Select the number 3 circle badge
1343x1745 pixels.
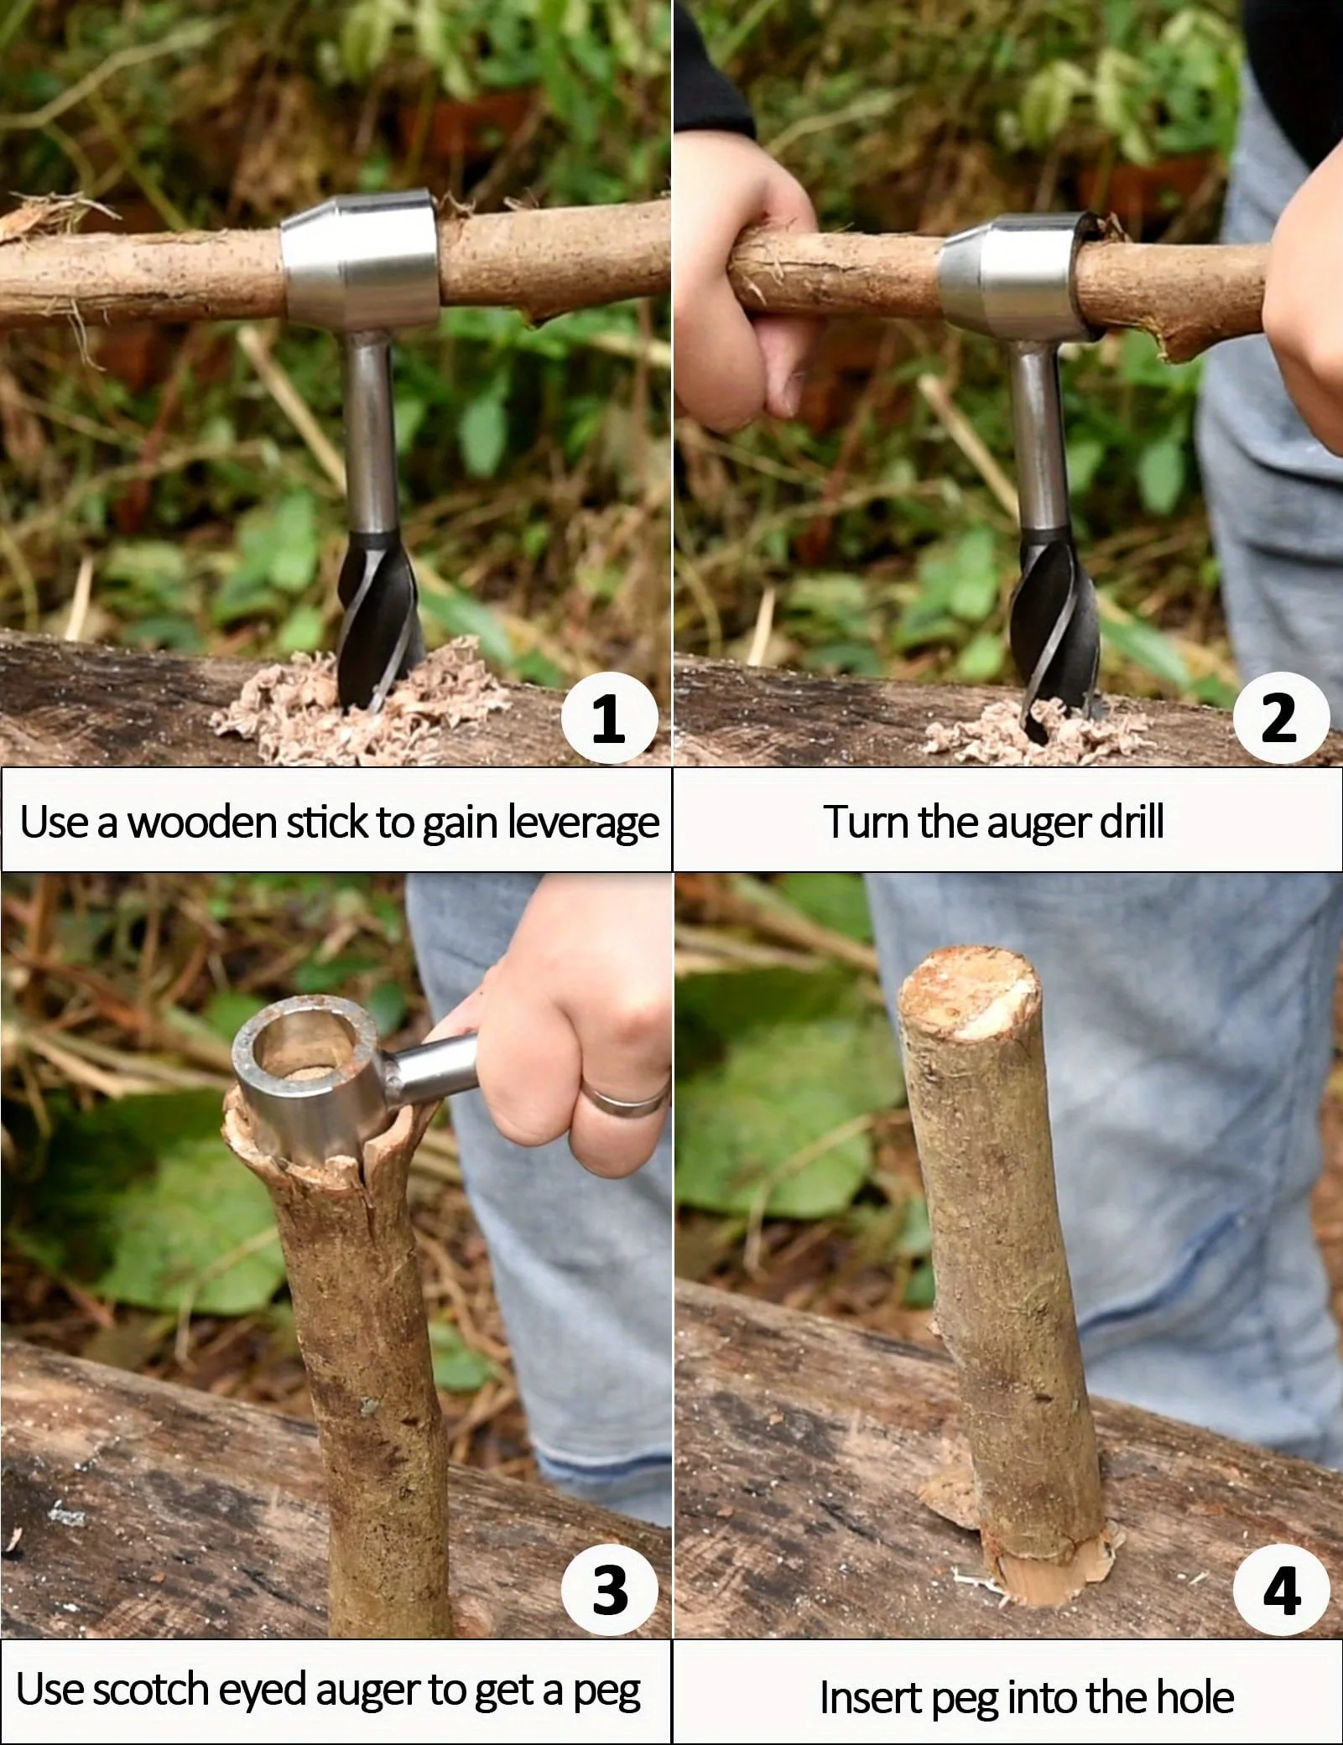coord(609,1588)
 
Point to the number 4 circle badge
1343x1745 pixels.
coord(1280,1588)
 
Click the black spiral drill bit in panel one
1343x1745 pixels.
coord(377,616)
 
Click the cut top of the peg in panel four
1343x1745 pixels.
coord(969,989)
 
